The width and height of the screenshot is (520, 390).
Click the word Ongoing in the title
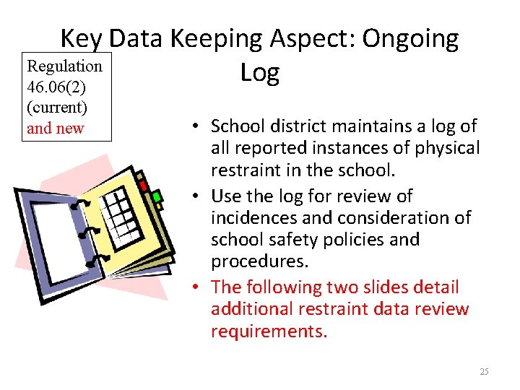pos(409,39)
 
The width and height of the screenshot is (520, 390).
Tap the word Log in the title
pos(259,72)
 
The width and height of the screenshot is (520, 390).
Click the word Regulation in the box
pos(64,66)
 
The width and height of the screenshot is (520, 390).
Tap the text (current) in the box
pos(56,108)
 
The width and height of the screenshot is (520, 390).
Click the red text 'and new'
pos(55,129)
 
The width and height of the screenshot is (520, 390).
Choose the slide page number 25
pos(484,372)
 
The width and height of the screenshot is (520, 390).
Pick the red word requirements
pos(269,331)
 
